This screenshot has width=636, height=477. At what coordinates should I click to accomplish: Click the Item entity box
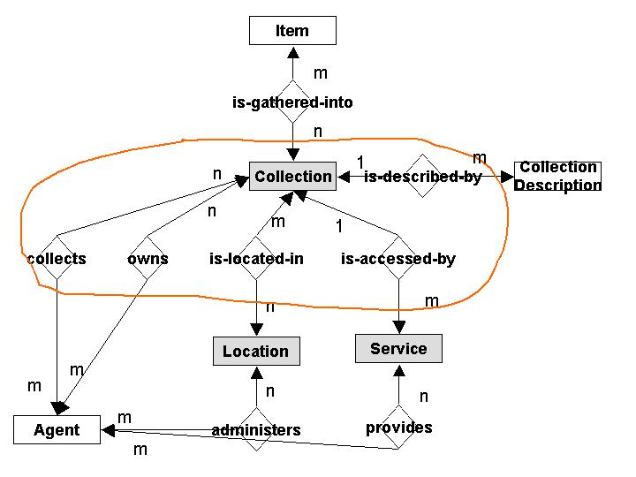click(x=292, y=31)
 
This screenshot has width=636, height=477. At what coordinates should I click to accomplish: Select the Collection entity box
click(x=292, y=177)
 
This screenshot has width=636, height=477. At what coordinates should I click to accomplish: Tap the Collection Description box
click(x=556, y=177)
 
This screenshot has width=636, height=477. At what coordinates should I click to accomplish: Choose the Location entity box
click(x=255, y=351)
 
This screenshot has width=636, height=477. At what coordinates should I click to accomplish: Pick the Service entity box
click(x=398, y=348)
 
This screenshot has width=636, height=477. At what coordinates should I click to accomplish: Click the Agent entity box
click(x=57, y=430)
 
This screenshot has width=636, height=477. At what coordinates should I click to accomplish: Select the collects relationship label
click(x=57, y=259)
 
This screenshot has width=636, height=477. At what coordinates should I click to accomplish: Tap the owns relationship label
click(x=148, y=259)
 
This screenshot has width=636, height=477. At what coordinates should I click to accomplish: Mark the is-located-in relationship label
click(x=256, y=259)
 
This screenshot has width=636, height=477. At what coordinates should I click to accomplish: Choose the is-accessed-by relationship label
click(x=398, y=259)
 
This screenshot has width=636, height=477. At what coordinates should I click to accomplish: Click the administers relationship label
click(x=256, y=430)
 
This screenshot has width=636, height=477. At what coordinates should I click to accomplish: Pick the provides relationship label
click(x=398, y=428)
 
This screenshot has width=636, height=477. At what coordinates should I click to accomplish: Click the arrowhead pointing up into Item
click(x=292, y=51)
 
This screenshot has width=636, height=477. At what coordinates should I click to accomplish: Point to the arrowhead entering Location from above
click(x=256, y=329)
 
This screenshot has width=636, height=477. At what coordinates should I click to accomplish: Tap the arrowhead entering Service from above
click(x=398, y=327)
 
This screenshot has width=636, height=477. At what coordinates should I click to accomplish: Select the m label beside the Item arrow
click(x=321, y=73)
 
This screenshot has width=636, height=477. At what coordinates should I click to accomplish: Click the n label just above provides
click(x=424, y=396)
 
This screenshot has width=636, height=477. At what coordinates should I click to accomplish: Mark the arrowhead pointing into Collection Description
click(x=507, y=177)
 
